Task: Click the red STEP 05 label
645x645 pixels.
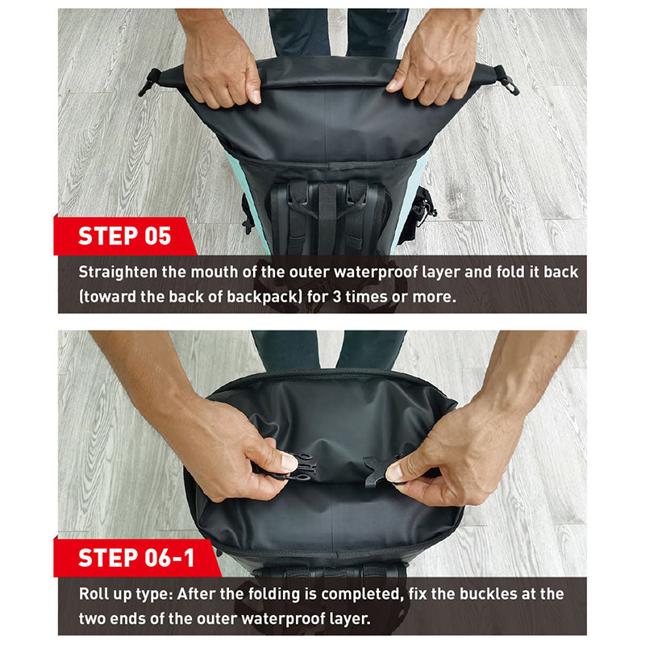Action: point(124,236)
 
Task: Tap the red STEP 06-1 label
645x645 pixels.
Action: point(136,558)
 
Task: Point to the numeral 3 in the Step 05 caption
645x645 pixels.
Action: point(336,297)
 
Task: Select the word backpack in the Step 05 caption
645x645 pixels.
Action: point(264,297)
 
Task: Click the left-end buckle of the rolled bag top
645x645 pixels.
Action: point(150,82)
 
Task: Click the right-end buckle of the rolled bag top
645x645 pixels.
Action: point(506,81)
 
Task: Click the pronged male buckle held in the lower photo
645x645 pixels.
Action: point(298,467)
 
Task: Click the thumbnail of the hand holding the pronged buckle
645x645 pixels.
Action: point(289,462)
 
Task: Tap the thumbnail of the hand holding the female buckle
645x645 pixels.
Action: point(394,472)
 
